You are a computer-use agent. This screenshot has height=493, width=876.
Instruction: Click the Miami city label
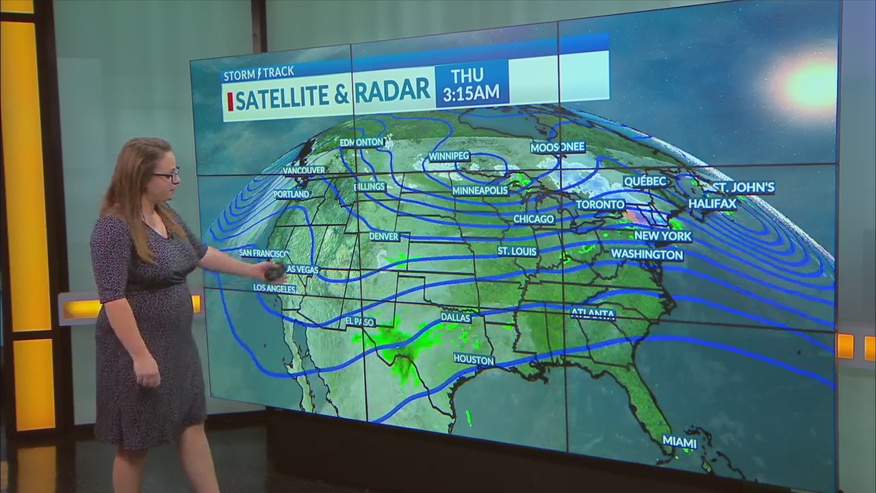coord(680,442)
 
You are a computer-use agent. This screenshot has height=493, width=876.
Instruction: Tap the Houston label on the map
coord(474,359)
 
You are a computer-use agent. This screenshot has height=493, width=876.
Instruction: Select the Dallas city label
coord(456,318)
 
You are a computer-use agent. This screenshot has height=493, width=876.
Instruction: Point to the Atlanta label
coord(593,314)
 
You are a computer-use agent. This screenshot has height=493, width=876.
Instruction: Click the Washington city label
coord(647,255)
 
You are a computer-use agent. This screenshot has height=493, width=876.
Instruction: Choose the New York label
coord(662,236)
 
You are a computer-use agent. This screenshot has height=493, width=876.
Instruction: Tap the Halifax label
coord(712,203)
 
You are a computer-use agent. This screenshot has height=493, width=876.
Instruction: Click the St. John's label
coord(743,187)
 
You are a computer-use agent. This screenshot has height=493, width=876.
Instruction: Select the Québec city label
coord(645,181)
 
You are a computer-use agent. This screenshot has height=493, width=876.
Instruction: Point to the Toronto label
coord(600,205)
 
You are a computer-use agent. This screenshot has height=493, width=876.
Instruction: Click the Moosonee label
coord(558,147)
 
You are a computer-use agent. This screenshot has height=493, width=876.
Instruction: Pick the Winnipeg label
coord(449,156)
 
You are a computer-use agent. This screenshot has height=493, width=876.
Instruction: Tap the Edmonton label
coord(361,142)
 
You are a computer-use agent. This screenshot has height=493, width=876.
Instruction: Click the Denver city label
coord(384,237)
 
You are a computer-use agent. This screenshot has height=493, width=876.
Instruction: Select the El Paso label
coord(359,321)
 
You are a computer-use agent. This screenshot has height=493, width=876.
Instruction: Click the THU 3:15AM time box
coord(472,84)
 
